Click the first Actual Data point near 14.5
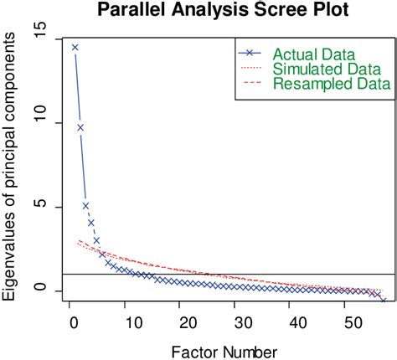[x=75, y=48]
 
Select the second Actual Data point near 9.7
[x=80, y=127]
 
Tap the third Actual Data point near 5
[x=86, y=206]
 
